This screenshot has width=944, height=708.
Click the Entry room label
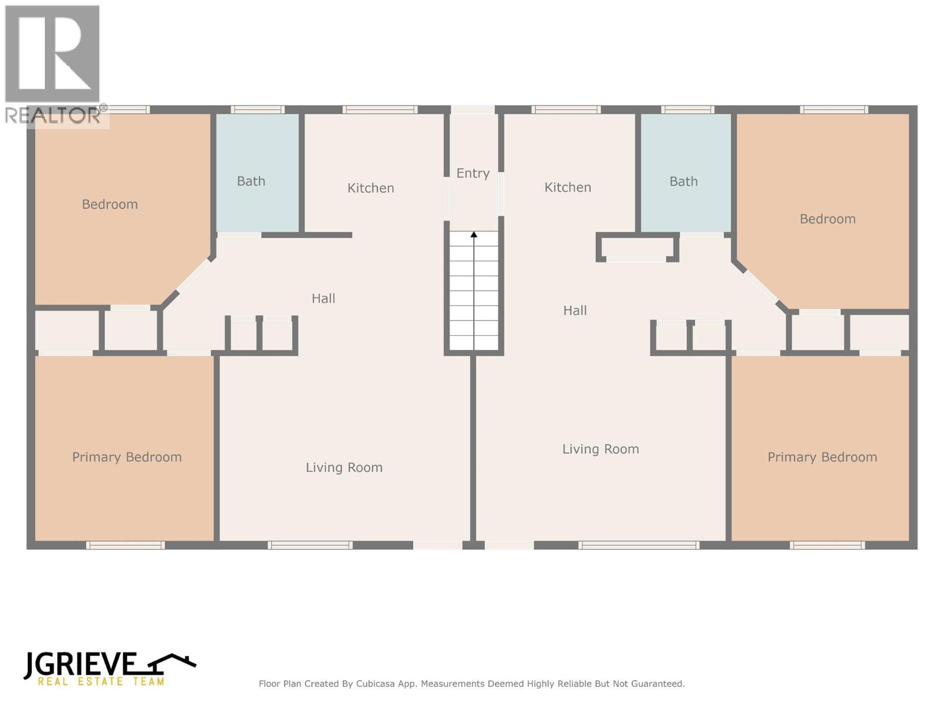pyautogui.click(x=473, y=173)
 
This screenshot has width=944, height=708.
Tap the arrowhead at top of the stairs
pyautogui.click(x=474, y=235)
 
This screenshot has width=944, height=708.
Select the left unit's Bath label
pyautogui.click(x=251, y=181)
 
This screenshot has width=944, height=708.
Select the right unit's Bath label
pyautogui.click(x=683, y=181)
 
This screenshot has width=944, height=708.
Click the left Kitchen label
pyautogui.click(x=371, y=188)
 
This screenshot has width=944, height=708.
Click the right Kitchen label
pyautogui.click(x=568, y=187)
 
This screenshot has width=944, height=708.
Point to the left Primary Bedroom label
pyautogui.click(x=127, y=457)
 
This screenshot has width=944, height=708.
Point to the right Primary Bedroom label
pyautogui.click(x=822, y=457)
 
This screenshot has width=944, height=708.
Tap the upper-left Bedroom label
pyautogui.click(x=110, y=204)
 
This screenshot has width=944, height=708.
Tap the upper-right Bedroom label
pyautogui.click(x=827, y=219)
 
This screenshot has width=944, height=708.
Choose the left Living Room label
pyautogui.click(x=344, y=467)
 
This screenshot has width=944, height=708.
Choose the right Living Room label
pyautogui.click(x=601, y=449)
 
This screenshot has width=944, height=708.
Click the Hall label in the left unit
pyautogui.click(x=323, y=299)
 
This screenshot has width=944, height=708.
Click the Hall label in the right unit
pyautogui.click(x=575, y=310)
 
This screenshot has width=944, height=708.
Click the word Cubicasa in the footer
pyautogui.click(x=376, y=684)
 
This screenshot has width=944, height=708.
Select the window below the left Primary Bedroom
pyautogui.click(x=125, y=545)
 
